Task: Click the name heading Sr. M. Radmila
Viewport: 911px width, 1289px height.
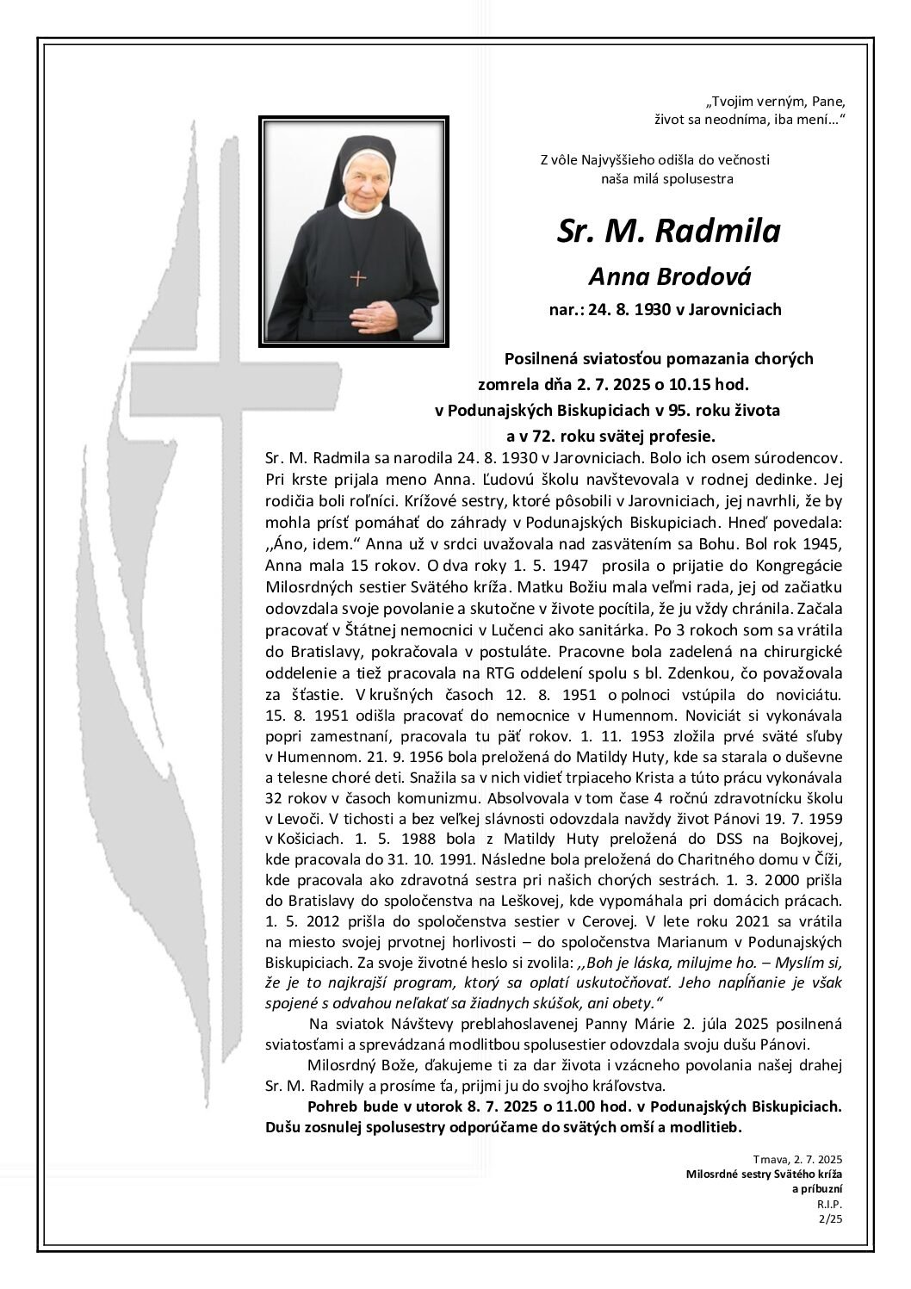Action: coord(668,231)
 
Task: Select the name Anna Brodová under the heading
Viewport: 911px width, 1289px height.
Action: coord(669,276)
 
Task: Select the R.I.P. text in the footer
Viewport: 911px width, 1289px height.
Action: coord(831,1203)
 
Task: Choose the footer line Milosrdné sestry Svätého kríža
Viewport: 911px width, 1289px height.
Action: coord(764,1174)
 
